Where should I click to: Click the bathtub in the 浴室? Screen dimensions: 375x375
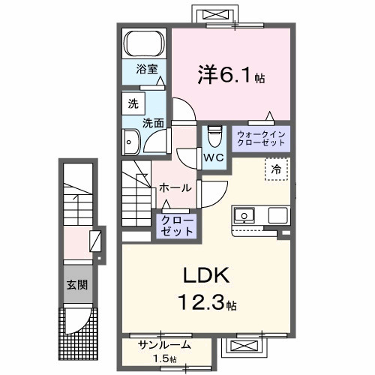[x=144, y=43]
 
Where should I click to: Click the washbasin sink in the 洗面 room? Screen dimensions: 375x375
[x=131, y=140]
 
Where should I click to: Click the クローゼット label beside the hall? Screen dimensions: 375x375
[x=176, y=226]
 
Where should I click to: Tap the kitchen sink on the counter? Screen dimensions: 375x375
[x=245, y=217]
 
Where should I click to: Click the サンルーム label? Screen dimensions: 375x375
[x=164, y=346]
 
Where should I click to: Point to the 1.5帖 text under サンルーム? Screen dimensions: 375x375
[x=165, y=359]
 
